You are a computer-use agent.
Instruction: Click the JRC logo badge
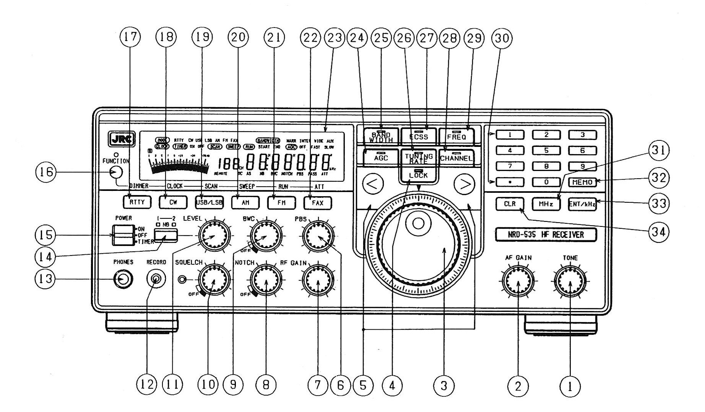(x=122, y=140)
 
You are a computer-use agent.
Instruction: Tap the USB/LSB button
(x=209, y=202)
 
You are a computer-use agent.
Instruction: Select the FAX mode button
(x=318, y=202)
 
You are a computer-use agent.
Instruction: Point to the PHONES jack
(x=122, y=280)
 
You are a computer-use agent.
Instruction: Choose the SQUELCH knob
(x=213, y=282)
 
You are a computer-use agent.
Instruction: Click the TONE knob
(x=570, y=282)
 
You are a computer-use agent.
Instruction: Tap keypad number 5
(x=546, y=150)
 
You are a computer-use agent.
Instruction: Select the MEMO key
(x=582, y=182)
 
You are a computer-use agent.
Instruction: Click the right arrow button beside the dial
(x=465, y=184)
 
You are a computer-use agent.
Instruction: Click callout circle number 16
(x=46, y=173)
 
